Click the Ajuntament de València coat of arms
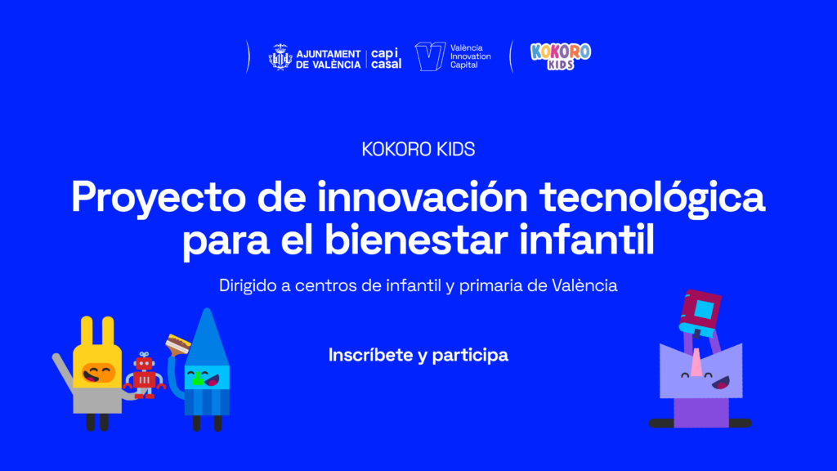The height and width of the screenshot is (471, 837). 280,57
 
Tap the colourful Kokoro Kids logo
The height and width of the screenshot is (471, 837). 561,56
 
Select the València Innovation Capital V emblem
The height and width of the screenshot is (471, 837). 430,56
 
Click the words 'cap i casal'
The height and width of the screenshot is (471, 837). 386,59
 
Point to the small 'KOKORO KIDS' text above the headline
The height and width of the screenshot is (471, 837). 418,150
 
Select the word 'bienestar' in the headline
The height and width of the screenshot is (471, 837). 417,240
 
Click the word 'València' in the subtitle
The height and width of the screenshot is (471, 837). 584,285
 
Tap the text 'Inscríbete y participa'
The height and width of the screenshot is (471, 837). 418,356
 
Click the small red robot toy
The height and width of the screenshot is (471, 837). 144,375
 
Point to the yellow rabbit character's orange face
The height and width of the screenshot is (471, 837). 98,373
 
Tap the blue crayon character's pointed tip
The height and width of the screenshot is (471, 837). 207,310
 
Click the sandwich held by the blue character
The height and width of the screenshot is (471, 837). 177,343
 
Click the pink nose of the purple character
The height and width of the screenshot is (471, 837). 696,362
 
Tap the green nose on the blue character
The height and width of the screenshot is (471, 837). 198,379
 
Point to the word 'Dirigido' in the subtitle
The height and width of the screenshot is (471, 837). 248,285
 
